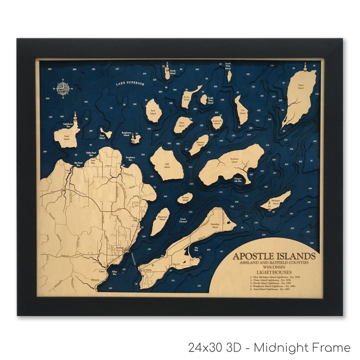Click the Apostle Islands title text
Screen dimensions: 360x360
[274, 256]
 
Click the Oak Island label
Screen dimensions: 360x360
[167, 165]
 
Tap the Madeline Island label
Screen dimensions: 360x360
[215, 226]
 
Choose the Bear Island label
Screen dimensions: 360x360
[153, 112]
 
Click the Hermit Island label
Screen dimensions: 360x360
[185, 199]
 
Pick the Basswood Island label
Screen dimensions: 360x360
[162, 218]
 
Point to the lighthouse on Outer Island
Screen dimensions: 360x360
[305, 67]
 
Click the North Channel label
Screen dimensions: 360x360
[183, 220]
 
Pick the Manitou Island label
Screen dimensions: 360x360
[200, 143]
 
